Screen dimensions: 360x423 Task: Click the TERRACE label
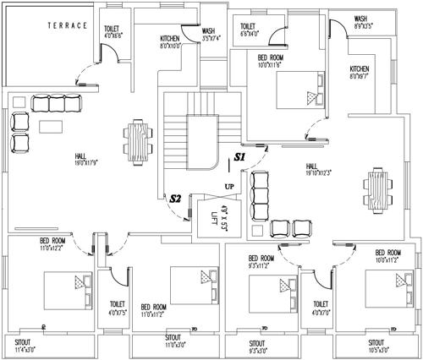pos(64,25)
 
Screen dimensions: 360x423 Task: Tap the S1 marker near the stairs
pos(239,157)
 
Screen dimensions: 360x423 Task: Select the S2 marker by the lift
pos(176,198)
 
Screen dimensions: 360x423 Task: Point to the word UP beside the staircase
pos(229,185)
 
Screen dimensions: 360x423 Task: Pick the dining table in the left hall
pos(137,143)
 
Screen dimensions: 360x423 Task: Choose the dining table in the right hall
pos(377,189)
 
